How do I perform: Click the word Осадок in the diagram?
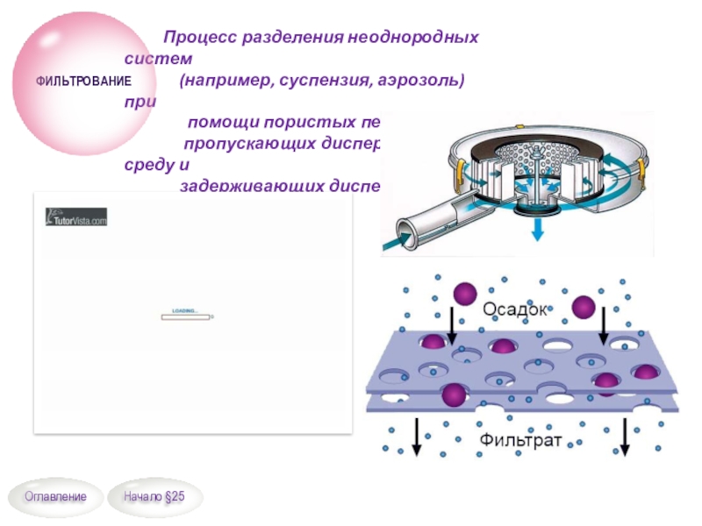[514, 309]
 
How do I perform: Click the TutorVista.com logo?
[75, 217]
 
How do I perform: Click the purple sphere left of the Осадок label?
[463, 293]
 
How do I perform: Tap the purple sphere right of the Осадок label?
[584, 307]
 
